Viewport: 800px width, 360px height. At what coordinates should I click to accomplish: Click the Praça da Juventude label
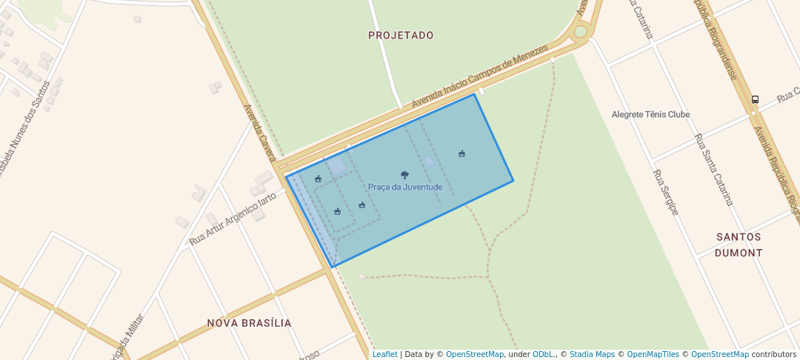tap(404, 187)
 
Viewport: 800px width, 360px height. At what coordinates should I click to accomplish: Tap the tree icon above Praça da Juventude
tap(404, 175)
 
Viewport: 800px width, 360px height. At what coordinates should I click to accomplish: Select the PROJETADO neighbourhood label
tap(401, 36)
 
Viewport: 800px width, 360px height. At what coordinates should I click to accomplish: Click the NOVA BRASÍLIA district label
tap(249, 323)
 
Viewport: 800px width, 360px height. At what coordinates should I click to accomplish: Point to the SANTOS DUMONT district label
tap(739, 244)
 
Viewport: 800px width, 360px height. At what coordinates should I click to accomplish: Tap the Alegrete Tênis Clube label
tap(650, 115)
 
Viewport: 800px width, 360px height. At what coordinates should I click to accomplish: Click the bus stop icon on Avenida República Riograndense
tap(755, 99)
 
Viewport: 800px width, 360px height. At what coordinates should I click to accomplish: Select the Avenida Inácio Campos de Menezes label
tap(479, 77)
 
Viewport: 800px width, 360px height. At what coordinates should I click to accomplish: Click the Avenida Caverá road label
tap(260, 133)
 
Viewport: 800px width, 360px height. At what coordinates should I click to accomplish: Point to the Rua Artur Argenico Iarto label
tap(233, 219)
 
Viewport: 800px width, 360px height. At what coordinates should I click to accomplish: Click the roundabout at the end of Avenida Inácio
tap(581, 32)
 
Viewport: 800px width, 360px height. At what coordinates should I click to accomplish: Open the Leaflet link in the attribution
tap(384, 354)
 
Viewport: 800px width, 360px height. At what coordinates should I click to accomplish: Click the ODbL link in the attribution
tap(543, 354)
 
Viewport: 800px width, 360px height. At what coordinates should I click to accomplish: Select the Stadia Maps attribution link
tap(592, 354)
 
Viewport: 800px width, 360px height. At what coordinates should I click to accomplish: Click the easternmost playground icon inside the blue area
tap(461, 153)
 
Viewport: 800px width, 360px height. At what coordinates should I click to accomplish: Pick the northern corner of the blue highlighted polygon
tap(474, 94)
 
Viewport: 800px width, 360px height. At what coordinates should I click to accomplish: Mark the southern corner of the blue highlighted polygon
tap(333, 267)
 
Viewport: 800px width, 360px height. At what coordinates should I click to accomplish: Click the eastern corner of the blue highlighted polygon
tap(513, 181)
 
